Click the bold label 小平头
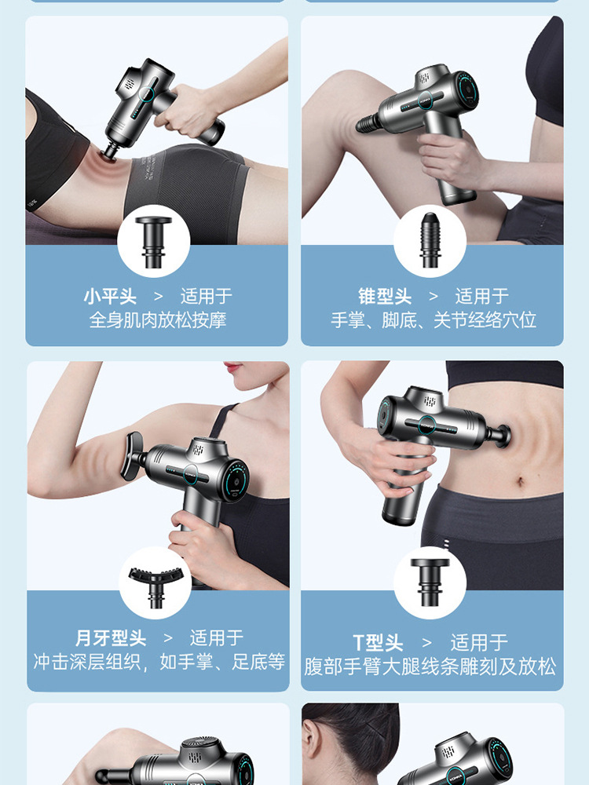click(110, 297)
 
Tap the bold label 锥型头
click(385, 297)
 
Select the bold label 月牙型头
click(111, 638)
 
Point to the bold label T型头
click(378, 642)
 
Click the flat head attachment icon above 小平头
click(153, 242)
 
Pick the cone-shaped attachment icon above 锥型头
click(430, 239)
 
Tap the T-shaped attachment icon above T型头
click(430, 582)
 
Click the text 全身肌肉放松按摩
click(158, 320)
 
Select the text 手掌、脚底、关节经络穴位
click(434, 320)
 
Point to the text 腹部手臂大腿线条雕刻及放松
click(430, 666)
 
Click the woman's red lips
click(233, 368)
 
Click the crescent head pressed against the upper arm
click(131, 456)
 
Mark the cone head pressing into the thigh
click(368, 122)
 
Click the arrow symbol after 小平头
click(159, 297)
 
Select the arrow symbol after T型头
click(426, 643)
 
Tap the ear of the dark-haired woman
click(313, 748)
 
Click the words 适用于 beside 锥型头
click(482, 297)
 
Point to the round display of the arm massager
click(236, 480)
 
